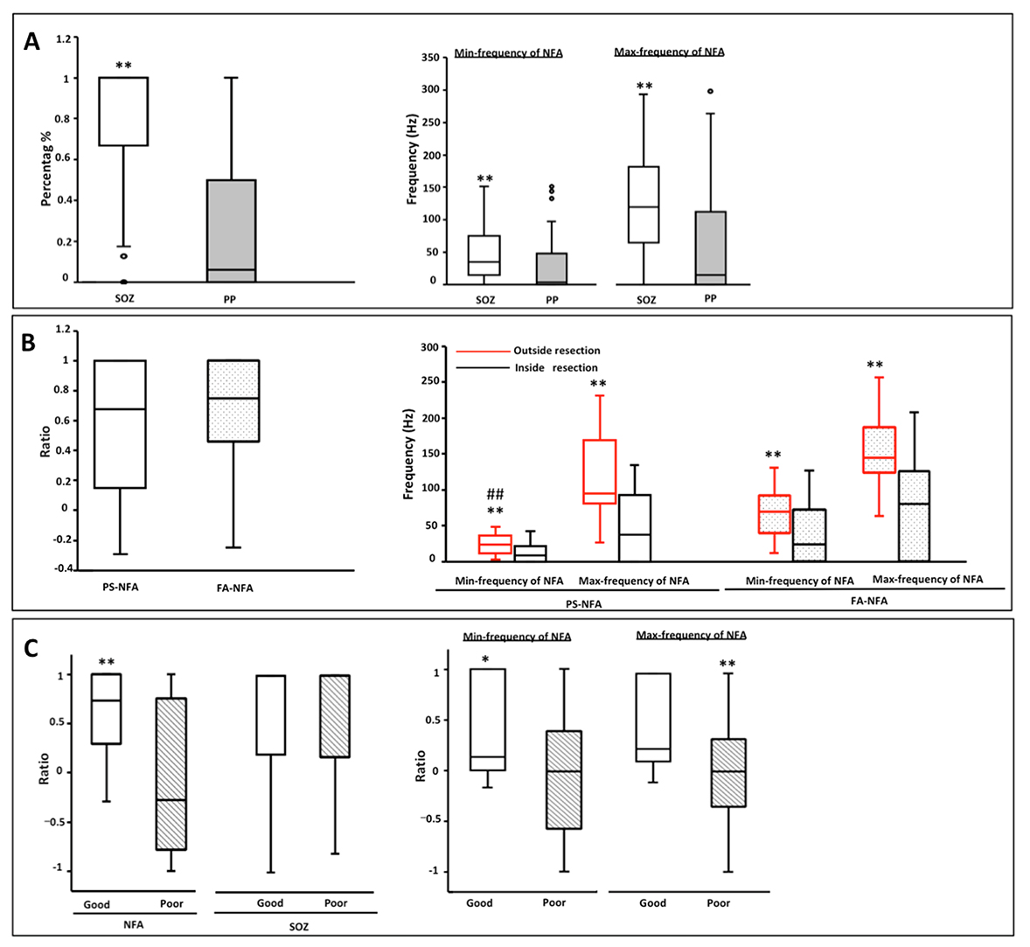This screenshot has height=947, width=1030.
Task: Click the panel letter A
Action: point(32,41)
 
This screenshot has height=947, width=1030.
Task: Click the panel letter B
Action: point(28,342)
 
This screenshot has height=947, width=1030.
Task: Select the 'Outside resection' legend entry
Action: point(556,351)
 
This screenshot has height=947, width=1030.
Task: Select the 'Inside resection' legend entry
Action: point(556,368)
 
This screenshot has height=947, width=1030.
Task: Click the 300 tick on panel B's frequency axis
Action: point(428,347)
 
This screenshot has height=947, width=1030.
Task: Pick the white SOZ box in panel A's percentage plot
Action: point(123,111)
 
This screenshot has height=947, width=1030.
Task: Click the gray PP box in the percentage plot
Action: point(231,230)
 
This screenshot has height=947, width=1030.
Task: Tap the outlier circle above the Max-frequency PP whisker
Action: point(710,91)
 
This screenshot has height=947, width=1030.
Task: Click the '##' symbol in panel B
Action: point(495,494)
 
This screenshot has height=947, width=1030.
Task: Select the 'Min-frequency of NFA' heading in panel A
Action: point(508,53)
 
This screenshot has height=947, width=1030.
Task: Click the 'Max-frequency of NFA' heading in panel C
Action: point(692,636)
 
